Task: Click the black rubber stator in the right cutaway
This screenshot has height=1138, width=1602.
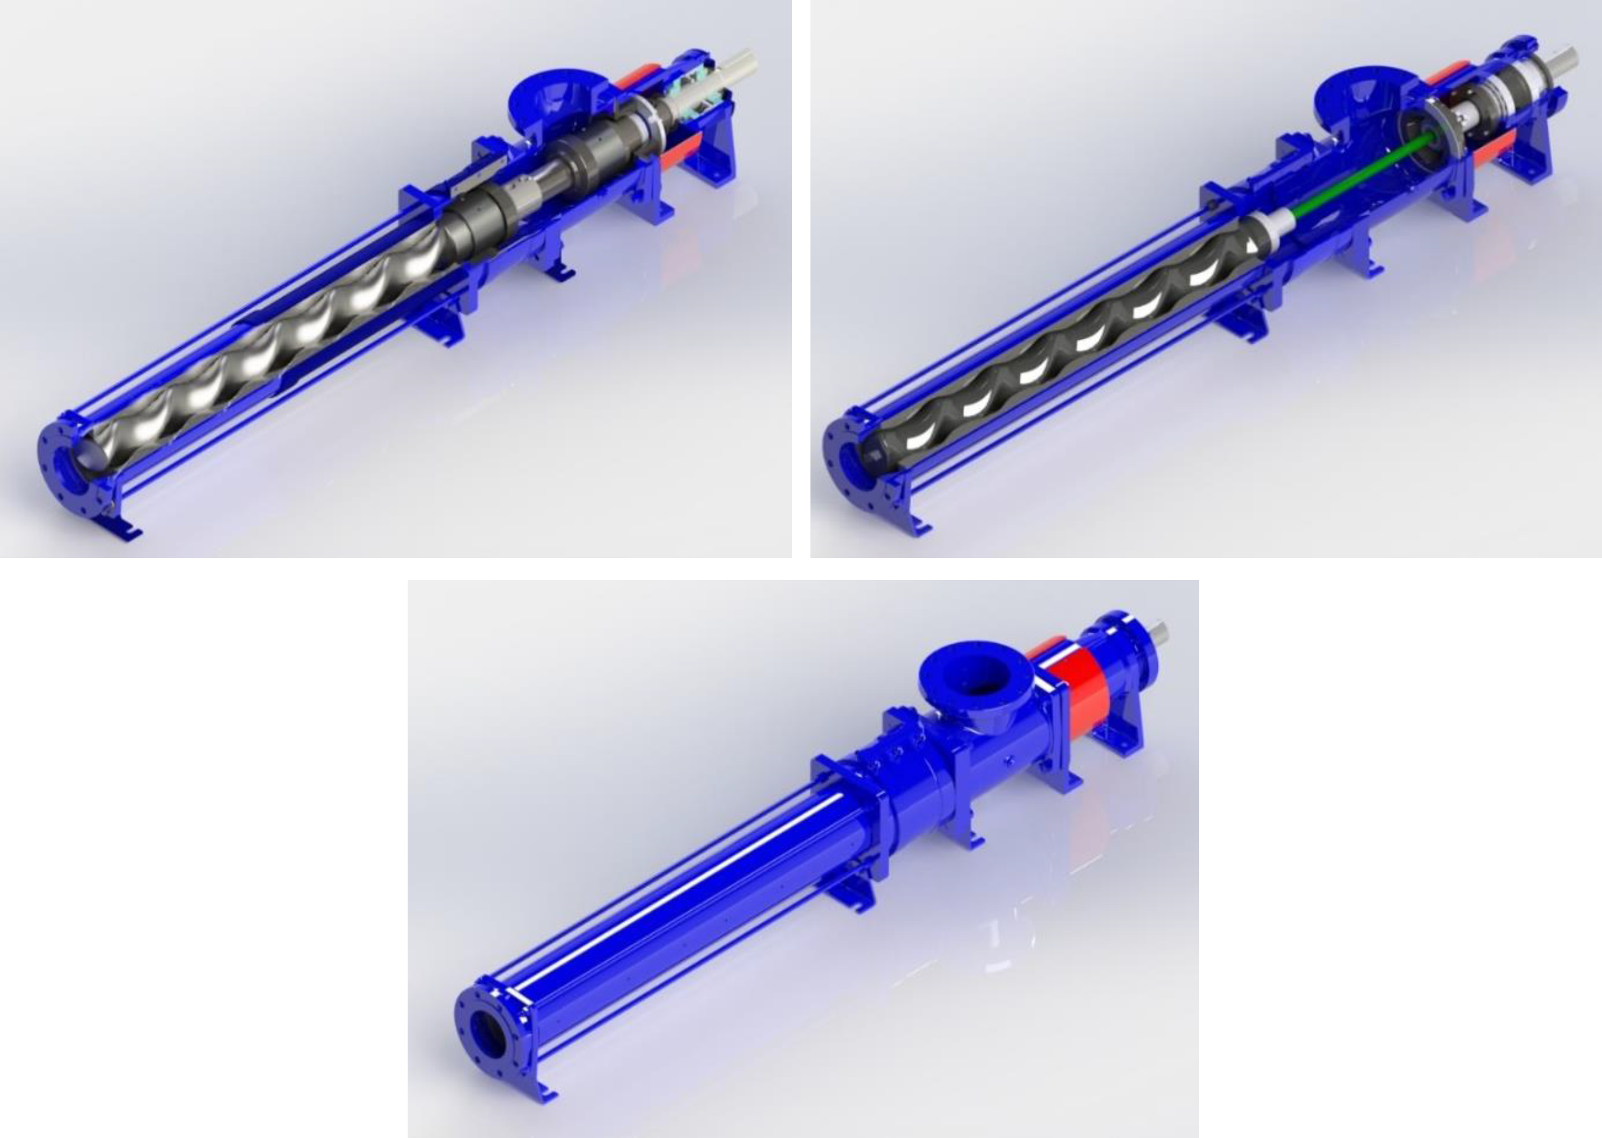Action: (x=1051, y=358)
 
